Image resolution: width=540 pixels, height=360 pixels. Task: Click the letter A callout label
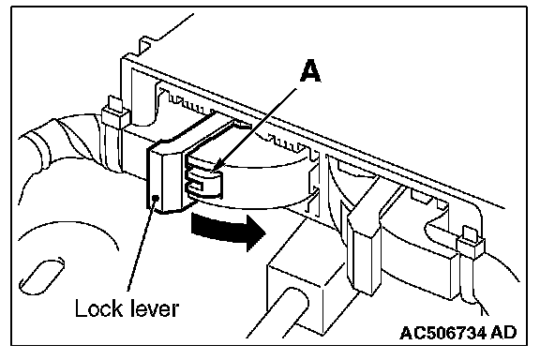coord(310,71)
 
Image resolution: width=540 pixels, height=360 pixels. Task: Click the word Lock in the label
coord(98,307)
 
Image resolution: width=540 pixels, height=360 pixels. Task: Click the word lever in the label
coord(155,308)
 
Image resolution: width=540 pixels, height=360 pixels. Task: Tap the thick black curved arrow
coord(227,229)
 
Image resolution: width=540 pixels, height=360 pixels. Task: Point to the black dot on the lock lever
coord(156,198)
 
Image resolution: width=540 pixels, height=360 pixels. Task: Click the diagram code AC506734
coord(443,333)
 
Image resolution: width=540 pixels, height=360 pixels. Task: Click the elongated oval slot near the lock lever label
coord(42,276)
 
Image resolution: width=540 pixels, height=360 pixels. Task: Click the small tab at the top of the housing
coord(144,45)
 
